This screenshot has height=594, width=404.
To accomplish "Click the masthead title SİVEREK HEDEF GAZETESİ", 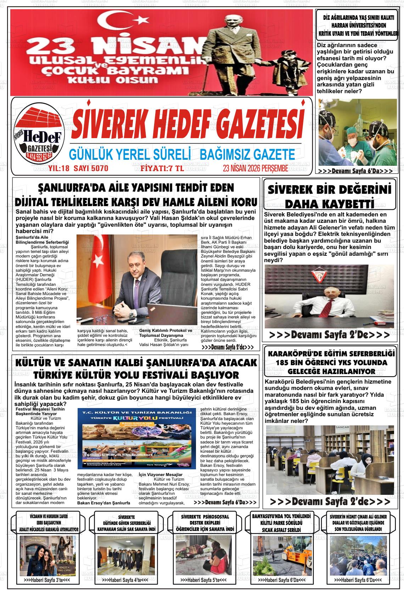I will point(188,124).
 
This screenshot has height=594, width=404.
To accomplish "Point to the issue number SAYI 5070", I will point(91,168).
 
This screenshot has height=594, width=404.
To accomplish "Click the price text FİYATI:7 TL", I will point(162,168).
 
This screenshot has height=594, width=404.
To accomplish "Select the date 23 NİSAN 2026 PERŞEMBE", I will point(255,168).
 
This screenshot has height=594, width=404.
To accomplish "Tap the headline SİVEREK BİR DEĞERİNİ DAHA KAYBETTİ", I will point(330,196).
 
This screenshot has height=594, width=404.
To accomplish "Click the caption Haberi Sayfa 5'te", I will point(203,579).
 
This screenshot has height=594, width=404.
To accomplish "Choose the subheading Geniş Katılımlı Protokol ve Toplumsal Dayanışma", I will point(165,333).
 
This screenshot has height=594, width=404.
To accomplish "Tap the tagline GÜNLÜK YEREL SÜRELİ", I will point(130,154).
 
